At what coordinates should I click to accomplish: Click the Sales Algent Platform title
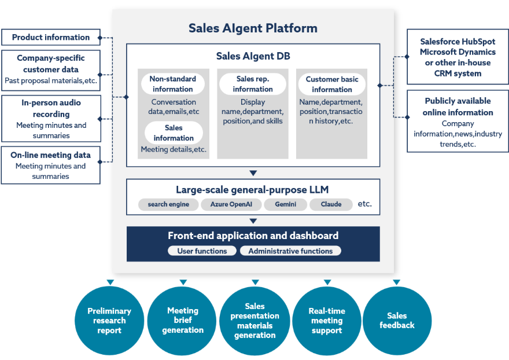[253, 28]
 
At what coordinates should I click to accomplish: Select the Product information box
[51, 38]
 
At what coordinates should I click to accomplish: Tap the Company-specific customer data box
[51, 69]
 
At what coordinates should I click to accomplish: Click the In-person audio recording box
[51, 119]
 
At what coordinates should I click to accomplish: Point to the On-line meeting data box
[51, 165]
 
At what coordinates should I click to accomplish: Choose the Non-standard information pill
[172, 84]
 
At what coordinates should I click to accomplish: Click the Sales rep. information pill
[253, 84]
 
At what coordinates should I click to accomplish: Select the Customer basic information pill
[332, 85]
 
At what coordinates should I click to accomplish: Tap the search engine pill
[168, 204]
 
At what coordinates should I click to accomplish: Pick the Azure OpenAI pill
[231, 204]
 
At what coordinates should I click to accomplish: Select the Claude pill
[331, 204]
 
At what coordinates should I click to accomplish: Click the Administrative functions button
[290, 251]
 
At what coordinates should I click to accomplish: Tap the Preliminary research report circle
[109, 321]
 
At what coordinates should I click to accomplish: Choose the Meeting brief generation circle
[183, 321]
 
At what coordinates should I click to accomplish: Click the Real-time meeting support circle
[327, 321]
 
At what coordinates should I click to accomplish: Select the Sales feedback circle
[397, 321]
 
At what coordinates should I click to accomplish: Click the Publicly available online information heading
[458, 107]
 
